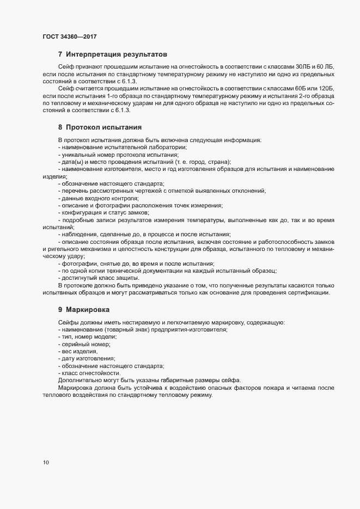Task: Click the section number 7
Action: (60, 54)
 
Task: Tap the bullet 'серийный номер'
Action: (85, 345)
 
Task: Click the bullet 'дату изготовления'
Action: (88, 359)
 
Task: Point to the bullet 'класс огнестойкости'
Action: (90, 373)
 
